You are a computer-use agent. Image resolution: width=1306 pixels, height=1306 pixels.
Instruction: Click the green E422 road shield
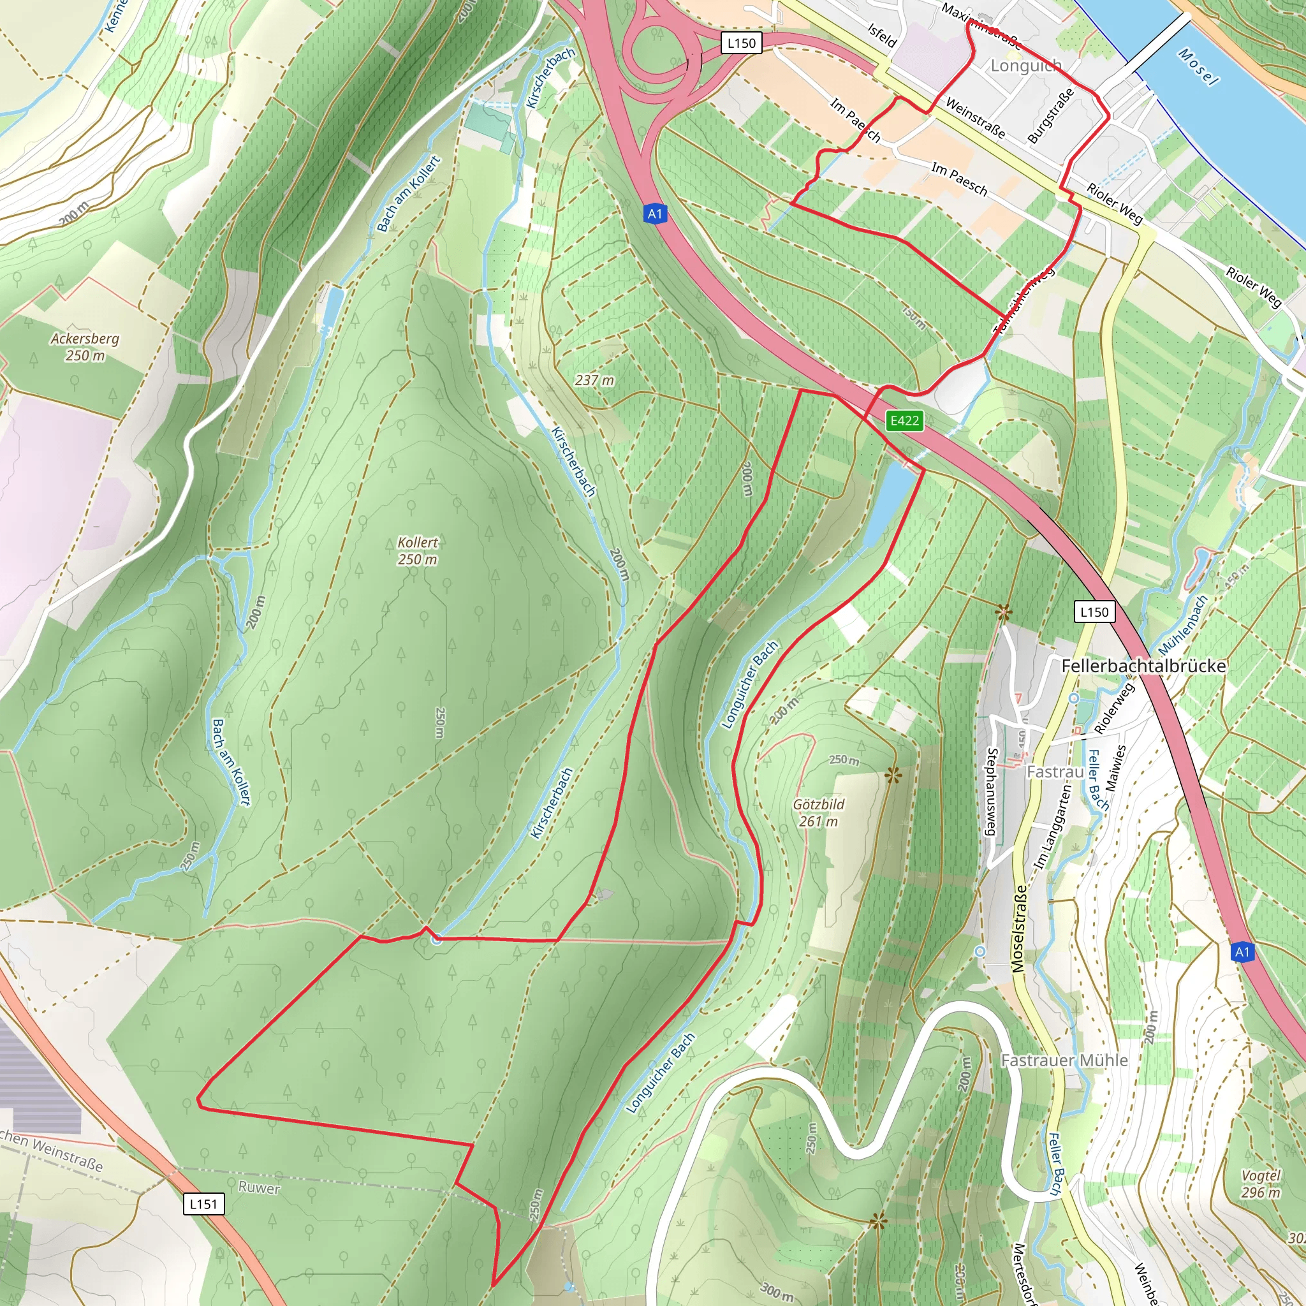point(904,421)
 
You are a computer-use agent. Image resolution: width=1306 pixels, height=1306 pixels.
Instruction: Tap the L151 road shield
point(203,1204)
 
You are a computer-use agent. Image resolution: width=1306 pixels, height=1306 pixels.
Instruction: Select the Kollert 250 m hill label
point(417,551)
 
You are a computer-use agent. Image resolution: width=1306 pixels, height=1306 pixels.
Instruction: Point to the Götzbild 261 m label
point(818,812)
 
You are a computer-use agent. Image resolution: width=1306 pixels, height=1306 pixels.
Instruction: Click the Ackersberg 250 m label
point(85,347)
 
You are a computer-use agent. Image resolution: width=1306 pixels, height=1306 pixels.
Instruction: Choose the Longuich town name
point(1025,66)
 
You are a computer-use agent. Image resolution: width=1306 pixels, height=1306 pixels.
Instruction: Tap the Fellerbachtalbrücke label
point(1143,666)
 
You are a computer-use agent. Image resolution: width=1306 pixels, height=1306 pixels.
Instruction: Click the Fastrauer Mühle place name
point(1064,1060)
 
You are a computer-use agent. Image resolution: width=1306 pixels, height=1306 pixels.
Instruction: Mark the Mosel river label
point(1198,67)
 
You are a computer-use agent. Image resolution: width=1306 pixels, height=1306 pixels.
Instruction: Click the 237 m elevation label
point(594,381)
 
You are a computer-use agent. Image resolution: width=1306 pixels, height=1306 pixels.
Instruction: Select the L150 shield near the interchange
point(741,43)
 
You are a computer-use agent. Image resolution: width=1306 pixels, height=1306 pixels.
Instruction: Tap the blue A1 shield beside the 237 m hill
point(654,214)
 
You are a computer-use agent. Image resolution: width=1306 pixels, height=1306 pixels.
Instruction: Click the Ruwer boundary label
point(259,1187)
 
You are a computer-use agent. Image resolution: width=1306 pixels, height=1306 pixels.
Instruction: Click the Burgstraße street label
point(1050,115)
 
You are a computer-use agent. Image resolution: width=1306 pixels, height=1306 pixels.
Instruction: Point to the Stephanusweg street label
point(992,791)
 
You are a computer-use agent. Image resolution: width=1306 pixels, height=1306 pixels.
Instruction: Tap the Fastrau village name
point(1055,772)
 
